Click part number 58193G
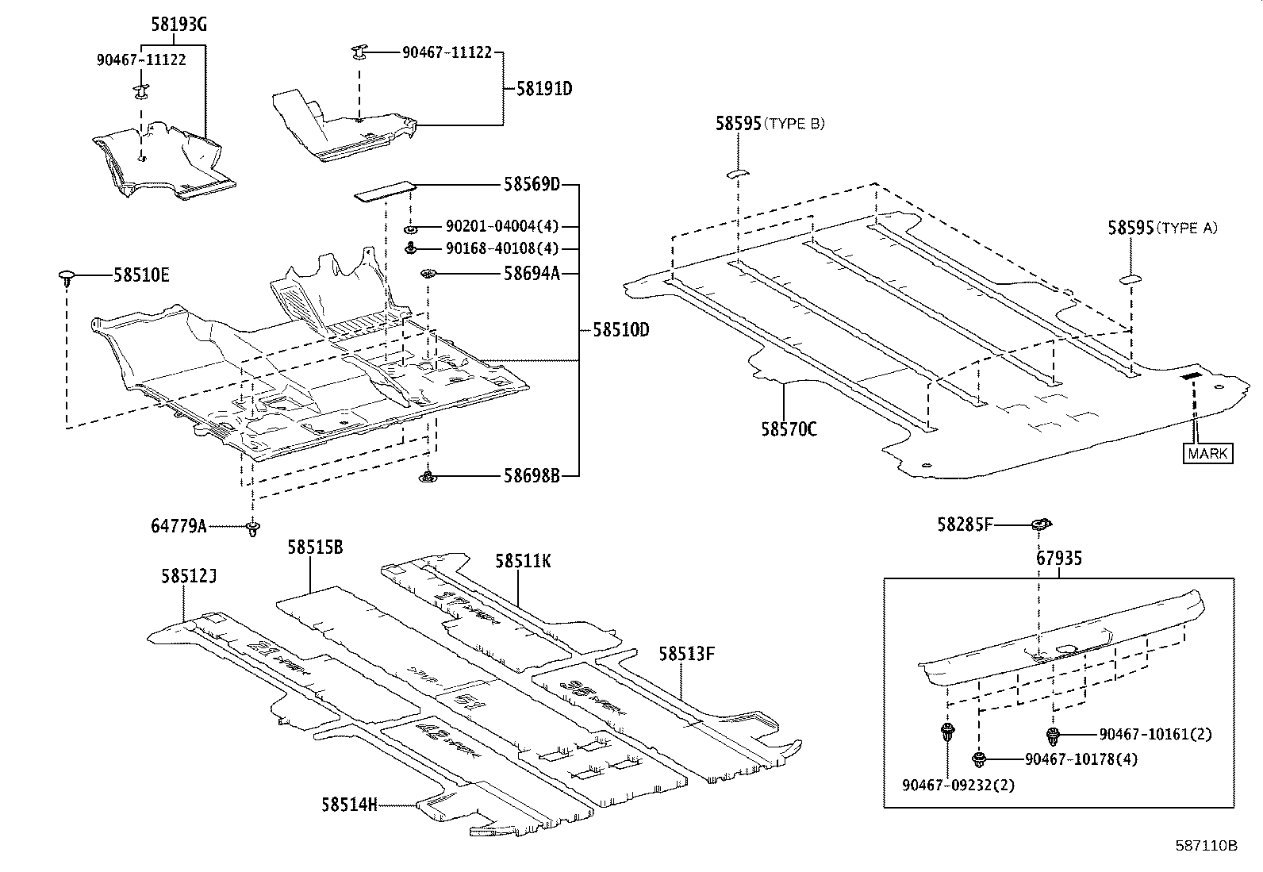179,25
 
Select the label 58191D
543,89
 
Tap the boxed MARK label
1208,454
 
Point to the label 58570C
789,430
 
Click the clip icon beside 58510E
67,277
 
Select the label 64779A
179,526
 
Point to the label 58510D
620,330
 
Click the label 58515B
315,547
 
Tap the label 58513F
686,655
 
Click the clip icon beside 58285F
1041,524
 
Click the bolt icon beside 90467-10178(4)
981,759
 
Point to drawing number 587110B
1206,846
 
